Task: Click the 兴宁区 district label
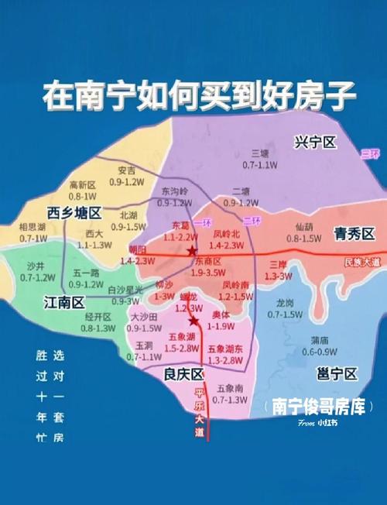pos(316,143)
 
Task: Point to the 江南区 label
pos(64,301)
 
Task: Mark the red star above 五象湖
pos(193,321)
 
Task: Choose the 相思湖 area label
pos(33,228)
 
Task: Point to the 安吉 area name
pos(126,170)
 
